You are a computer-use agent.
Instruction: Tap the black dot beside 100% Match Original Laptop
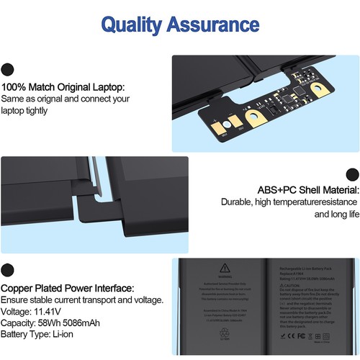click(8, 70)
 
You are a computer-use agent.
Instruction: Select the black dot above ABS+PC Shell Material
click(352, 174)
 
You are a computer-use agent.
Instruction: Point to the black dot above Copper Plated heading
click(8, 271)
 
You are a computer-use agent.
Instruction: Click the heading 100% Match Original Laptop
click(63, 86)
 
